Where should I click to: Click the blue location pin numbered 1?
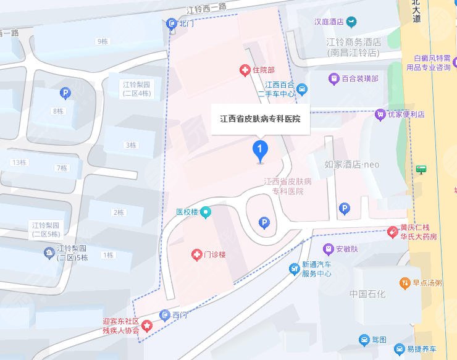click(x=260, y=150)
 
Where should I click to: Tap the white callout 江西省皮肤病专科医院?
click(x=260, y=119)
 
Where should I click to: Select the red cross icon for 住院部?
click(x=245, y=70)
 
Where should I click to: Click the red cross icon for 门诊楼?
click(x=196, y=254)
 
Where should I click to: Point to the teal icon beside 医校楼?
click(x=206, y=212)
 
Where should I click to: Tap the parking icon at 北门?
click(x=172, y=23)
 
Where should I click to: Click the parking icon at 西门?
click(x=164, y=315)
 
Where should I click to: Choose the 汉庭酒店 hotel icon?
click(x=351, y=22)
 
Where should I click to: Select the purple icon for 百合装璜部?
click(x=333, y=78)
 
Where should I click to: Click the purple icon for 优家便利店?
click(x=380, y=114)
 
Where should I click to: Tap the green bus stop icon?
click(x=421, y=169)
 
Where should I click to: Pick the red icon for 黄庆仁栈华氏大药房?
click(x=392, y=232)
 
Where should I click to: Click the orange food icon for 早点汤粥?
click(x=404, y=283)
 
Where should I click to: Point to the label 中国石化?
click(x=367, y=293)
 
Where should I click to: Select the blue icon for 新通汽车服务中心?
click(x=295, y=269)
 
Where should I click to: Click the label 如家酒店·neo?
click(x=351, y=164)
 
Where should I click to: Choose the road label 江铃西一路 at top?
click(x=206, y=7)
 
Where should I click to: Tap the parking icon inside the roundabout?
click(x=264, y=222)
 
